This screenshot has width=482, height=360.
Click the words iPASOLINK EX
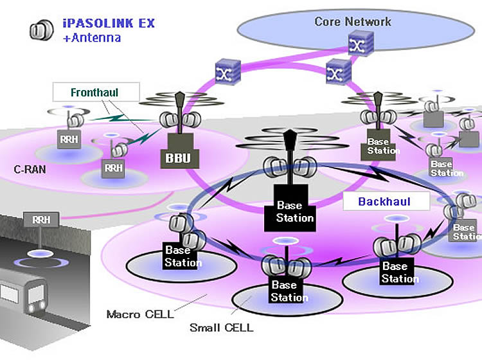pyautogui.click(x=109, y=24)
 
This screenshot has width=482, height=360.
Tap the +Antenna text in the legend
pyautogui.click(x=91, y=38)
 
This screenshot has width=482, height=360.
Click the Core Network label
pyautogui.click(x=352, y=21)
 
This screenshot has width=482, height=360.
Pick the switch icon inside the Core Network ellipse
pyautogui.click(x=355, y=44)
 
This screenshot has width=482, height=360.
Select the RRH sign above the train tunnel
pyautogui.click(x=37, y=219)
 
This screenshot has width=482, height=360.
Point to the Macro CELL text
pyautogui.click(x=139, y=314)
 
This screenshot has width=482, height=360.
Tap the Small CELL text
pyautogui.click(x=221, y=328)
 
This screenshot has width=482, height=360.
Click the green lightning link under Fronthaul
pyautogui.click(x=106, y=117)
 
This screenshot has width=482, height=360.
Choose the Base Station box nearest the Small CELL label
pyautogui.click(x=284, y=291)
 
